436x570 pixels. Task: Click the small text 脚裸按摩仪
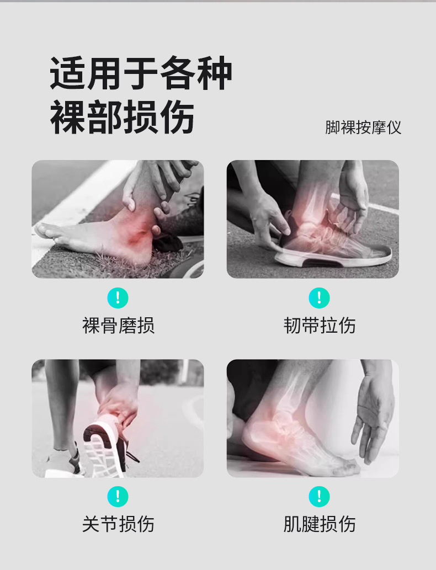363,127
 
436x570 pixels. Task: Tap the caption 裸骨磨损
118,326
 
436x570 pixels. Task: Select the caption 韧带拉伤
319,326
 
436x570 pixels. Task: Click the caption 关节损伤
118,524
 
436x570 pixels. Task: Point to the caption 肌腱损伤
319,524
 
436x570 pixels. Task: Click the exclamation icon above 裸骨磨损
118,298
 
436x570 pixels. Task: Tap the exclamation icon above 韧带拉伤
319,298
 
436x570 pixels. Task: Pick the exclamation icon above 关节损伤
118,496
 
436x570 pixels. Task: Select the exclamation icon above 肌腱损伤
319,496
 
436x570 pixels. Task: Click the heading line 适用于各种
141,73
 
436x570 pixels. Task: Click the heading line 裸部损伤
122,117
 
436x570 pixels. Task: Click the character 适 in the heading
67,73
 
